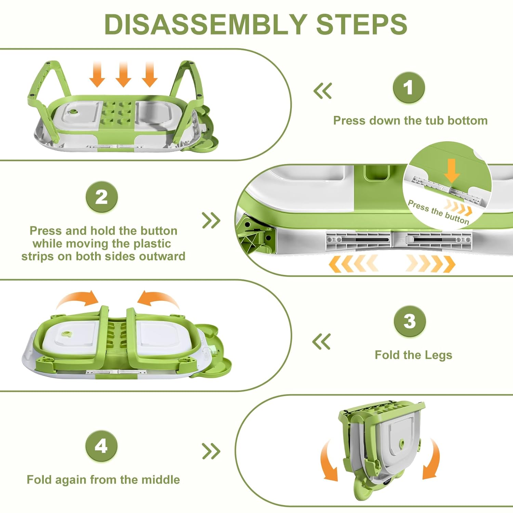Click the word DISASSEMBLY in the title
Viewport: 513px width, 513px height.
point(205,24)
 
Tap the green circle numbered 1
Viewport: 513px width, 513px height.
point(408,88)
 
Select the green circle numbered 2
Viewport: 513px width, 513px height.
point(102,197)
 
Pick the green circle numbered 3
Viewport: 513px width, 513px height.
point(409,321)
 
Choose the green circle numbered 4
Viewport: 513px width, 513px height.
point(101,446)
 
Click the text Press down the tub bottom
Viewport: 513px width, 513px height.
point(410,120)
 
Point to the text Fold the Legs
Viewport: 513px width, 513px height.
point(413,355)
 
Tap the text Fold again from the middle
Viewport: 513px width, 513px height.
point(103,479)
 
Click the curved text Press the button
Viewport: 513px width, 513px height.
point(438,212)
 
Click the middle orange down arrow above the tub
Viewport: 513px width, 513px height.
point(123,74)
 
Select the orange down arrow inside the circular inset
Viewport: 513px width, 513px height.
point(452,170)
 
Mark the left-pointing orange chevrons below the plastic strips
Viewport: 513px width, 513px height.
point(353,264)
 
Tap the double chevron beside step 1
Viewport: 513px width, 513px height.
point(323,91)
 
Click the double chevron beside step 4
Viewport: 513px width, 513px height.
point(211,451)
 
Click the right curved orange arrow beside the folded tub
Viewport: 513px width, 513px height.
point(432,460)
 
